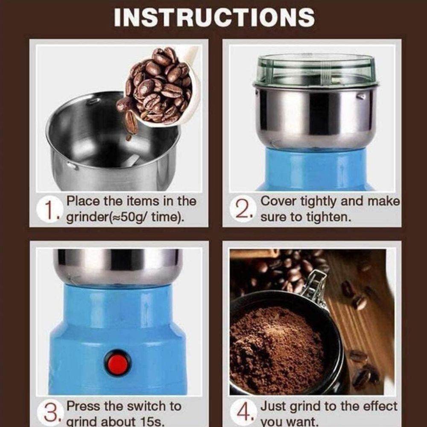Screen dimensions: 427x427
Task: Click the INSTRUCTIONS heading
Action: click(x=214, y=18)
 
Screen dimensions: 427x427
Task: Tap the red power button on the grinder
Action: click(x=118, y=364)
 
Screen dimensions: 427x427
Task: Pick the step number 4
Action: click(x=244, y=413)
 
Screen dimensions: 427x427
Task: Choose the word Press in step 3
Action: click(x=84, y=406)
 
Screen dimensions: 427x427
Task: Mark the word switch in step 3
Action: click(x=146, y=406)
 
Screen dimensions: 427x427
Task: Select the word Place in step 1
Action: click(x=83, y=202)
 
